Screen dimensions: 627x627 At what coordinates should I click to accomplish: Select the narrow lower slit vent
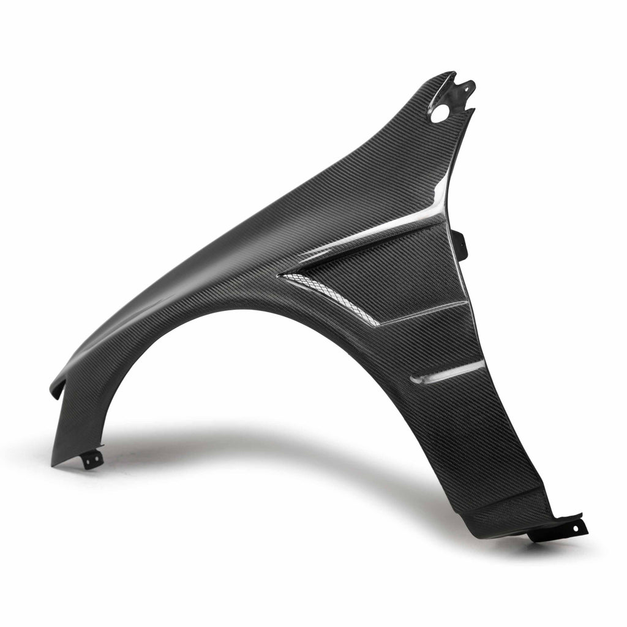click(x=447, y=372)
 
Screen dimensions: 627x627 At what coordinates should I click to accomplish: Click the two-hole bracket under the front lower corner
click(x=92, y=458)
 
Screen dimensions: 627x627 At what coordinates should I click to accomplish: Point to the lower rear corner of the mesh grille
click(x=375, y=322)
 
